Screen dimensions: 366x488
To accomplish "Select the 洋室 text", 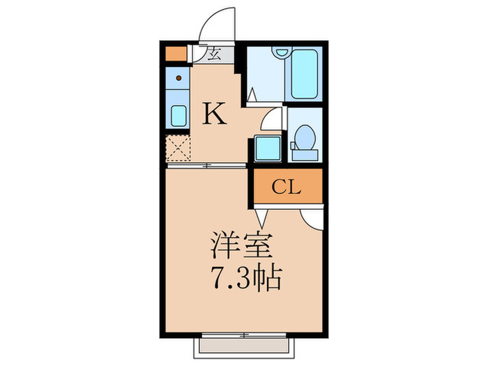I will click(x=243, y=248).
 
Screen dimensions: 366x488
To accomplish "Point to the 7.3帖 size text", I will click(x=245, y=280).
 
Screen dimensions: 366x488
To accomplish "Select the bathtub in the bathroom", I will click(x=304, y=75).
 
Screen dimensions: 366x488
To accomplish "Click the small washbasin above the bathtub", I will click(x=281, y=52).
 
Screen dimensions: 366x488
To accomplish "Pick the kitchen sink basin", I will click(x=178, y=116).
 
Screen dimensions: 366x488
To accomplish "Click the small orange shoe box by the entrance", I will click(x=174, y=53).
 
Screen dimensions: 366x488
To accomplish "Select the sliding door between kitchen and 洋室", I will click(x=206, y=165).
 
